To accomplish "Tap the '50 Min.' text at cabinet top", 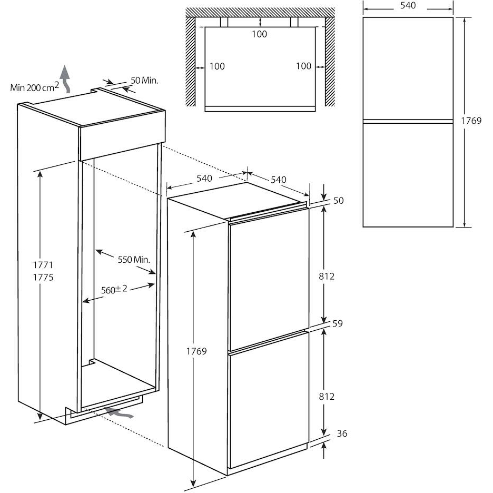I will (144, 81).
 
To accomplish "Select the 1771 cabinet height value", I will (45, 265).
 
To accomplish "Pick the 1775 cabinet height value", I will (45, 277).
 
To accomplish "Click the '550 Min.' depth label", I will (133, 260).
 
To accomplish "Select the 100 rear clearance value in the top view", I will (259, 34).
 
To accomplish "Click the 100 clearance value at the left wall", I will (217, 66).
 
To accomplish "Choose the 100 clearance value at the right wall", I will (303, 66).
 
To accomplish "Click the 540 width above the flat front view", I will (408, 6).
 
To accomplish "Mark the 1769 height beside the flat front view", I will (471, 121).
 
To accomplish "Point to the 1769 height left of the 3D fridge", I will (196, 351).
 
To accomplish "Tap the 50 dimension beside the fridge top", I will (339, 201).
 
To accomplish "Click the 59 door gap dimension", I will (338, 324).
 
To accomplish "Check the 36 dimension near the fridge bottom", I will (342, 434).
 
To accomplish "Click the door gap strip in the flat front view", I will (408, 121).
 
